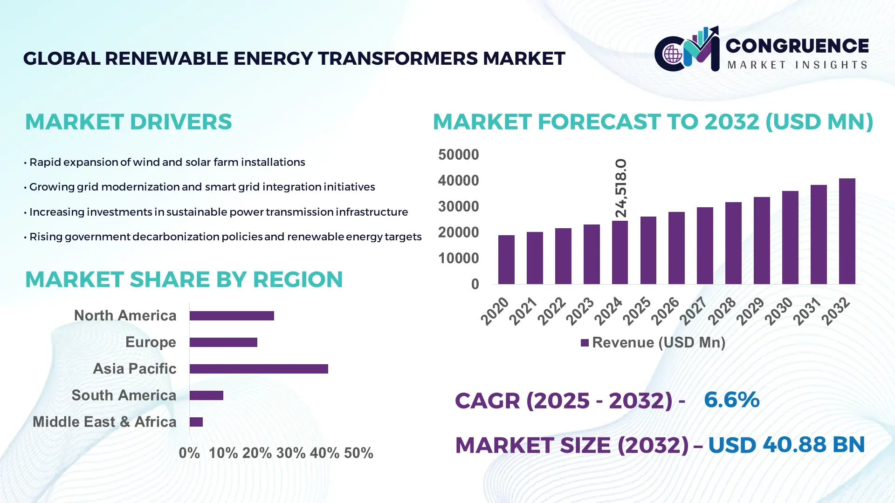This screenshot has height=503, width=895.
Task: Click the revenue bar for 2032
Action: (847, 231)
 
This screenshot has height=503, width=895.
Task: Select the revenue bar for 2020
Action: (506, 260)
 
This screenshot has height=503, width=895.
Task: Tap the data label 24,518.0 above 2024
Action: (621, 188)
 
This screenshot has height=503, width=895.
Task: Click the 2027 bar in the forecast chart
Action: (705, 246)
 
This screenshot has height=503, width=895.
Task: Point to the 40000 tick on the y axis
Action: (458, 181)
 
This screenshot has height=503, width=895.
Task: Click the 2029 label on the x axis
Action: (750, 311)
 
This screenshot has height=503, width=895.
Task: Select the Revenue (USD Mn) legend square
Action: (585, 343)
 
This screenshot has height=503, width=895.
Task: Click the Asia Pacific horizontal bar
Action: (259, 369)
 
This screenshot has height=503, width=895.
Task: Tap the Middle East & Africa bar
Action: (196, 422)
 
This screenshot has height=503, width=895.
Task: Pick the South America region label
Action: (124, 395)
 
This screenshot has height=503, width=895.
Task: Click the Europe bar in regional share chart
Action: (223, 342)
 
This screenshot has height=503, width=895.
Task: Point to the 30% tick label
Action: (291, 453)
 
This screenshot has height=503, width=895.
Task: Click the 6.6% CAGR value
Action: (731, 400)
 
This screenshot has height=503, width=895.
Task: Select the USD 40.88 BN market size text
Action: (786, 445)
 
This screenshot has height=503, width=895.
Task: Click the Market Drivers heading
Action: (128, 122)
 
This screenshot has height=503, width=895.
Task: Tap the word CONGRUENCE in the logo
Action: (797, 46)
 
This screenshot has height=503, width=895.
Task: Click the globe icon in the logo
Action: (673, 54)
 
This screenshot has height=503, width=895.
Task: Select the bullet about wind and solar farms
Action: (167, 162)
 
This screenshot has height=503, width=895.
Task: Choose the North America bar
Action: (232, 316)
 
